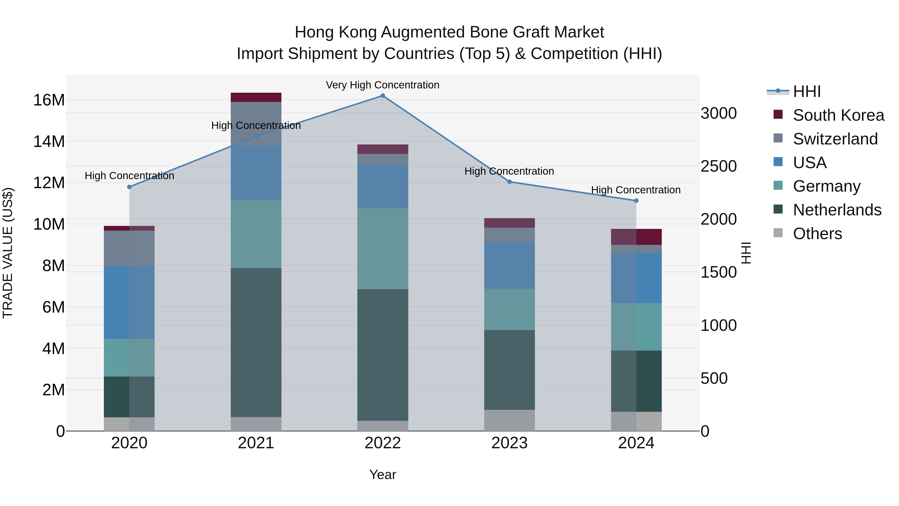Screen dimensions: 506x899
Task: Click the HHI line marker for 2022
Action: pos(383,96)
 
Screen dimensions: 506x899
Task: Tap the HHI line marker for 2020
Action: pos(129,187)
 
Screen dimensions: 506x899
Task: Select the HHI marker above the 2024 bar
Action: pos(636,200)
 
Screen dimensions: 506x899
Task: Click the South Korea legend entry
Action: pos(838,115)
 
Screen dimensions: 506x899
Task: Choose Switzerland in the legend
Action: pos(835,139)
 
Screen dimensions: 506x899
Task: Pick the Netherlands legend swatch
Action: pos(778,210)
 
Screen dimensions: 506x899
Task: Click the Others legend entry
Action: pos(817,234)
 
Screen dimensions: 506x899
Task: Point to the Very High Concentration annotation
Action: pos(383,85)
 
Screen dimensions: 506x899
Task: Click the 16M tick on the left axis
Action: pos(49,100)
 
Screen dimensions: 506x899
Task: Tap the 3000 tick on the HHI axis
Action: pos(718,113)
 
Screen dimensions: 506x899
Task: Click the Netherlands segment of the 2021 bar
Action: pos(256,342)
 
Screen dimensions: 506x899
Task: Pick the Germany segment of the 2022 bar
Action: pos(383,249)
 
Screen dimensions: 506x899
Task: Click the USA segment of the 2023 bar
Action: pos(509,265)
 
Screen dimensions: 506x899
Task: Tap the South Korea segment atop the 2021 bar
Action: pos(256,97)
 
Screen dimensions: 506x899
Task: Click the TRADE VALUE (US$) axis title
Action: pos(8,253)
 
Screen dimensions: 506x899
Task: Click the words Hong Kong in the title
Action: pos(335,32)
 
